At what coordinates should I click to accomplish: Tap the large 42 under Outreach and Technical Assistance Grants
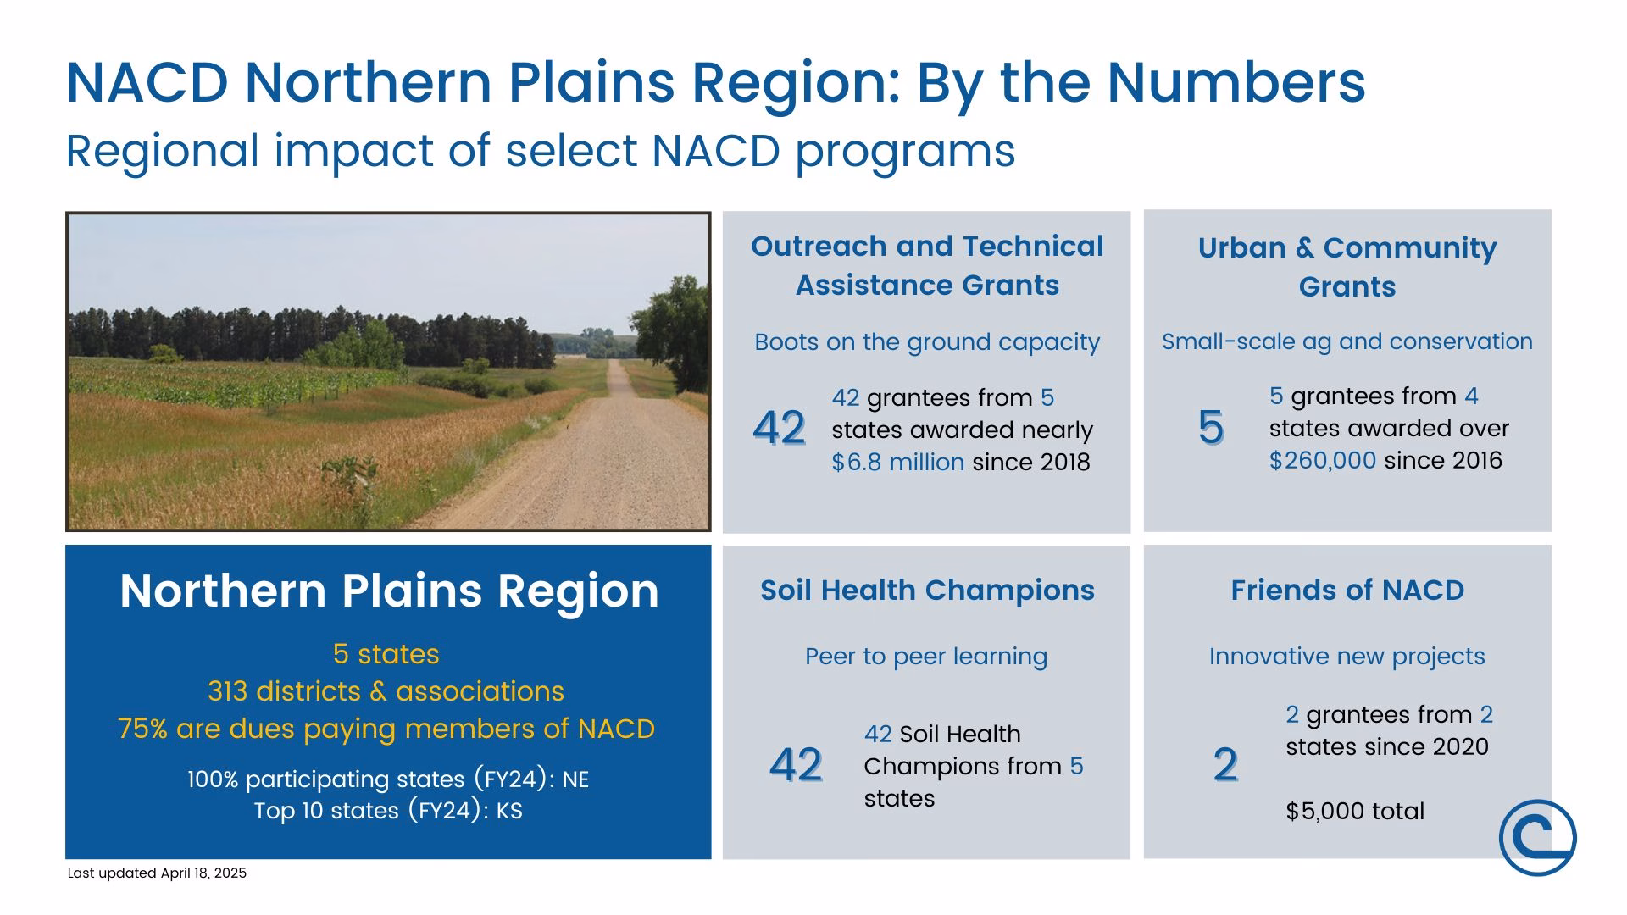pos(780,428)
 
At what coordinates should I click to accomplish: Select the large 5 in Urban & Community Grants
pos(1211,427)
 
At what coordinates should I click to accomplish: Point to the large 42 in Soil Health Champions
pos(796,765)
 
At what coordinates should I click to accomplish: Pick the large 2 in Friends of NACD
pos(1225,765)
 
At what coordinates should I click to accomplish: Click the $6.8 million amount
pos(897,463)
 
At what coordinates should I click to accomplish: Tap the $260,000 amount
pos(1322,461)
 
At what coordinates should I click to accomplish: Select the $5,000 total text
pos(1355,812)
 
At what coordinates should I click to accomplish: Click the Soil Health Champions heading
pos(927,591)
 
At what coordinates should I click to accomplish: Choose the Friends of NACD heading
pos(1347,591)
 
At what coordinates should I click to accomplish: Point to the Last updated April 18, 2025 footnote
pos(157,873)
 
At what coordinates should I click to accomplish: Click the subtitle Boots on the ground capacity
pos(927,342)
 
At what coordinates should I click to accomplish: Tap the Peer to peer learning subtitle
pos(926,657)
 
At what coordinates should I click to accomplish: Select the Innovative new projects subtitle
pos(1347,657)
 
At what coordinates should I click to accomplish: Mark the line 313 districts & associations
pos(386,691)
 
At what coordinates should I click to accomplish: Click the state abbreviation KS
pos(509,812)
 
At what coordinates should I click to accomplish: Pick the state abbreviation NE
pos(575,779)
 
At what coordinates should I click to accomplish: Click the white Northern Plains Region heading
pos(389,591)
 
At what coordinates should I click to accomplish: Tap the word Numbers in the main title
pos(1236,82)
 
